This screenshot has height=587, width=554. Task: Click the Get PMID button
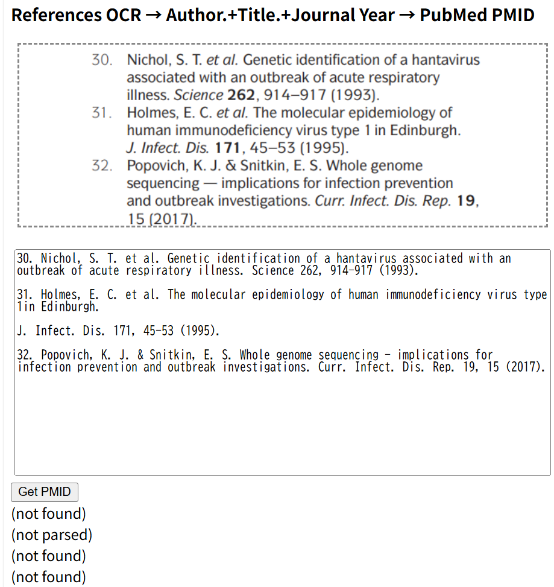[x=45, y=492]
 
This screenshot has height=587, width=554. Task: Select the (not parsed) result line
[x=51, y=535]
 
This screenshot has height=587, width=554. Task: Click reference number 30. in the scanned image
[x=102, y=60]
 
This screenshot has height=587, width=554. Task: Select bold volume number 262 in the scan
[x=241, y=95]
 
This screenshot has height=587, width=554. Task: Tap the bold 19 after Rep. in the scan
[x=466, y=201]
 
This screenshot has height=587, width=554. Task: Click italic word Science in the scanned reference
[x=198, y=95]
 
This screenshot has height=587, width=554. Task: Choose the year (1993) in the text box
[x=398, y=270]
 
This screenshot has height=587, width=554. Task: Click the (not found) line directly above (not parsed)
[x=48, y=513]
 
